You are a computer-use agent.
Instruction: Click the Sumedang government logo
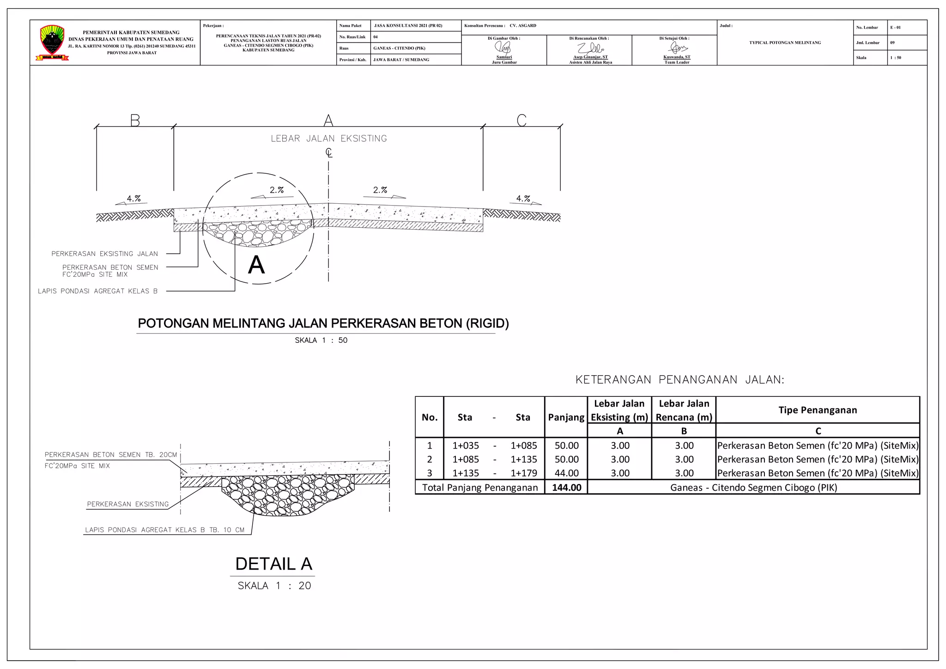(52, 43)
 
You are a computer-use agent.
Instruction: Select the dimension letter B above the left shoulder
(135, 121)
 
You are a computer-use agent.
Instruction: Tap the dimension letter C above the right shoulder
(522, 121)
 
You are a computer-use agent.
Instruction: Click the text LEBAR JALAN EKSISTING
(329, 139)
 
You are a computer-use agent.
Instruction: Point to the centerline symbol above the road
(328, 152)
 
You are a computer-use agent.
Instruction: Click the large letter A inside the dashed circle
(256, 265)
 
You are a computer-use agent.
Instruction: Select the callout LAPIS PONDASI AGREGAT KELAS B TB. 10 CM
(165, 530)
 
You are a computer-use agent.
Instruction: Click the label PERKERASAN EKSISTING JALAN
(105, 254)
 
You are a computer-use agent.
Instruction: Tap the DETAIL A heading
(273, 564)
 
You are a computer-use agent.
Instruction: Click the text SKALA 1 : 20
(274, 586)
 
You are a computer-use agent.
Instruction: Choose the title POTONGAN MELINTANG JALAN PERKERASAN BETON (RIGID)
(323, 323)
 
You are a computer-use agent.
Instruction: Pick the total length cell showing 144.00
(567, 487)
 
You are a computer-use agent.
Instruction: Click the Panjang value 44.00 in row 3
(567, 473)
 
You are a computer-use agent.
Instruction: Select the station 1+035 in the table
(466, 446)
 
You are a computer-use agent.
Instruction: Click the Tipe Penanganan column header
(818, 410)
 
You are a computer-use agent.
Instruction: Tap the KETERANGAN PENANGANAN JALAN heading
(680, 380)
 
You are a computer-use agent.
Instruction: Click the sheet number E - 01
(896, 28)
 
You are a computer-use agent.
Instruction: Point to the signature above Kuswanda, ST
(678, 48)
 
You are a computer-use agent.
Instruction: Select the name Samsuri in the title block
(504, 57)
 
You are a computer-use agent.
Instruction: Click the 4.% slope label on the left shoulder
(134, 199)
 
